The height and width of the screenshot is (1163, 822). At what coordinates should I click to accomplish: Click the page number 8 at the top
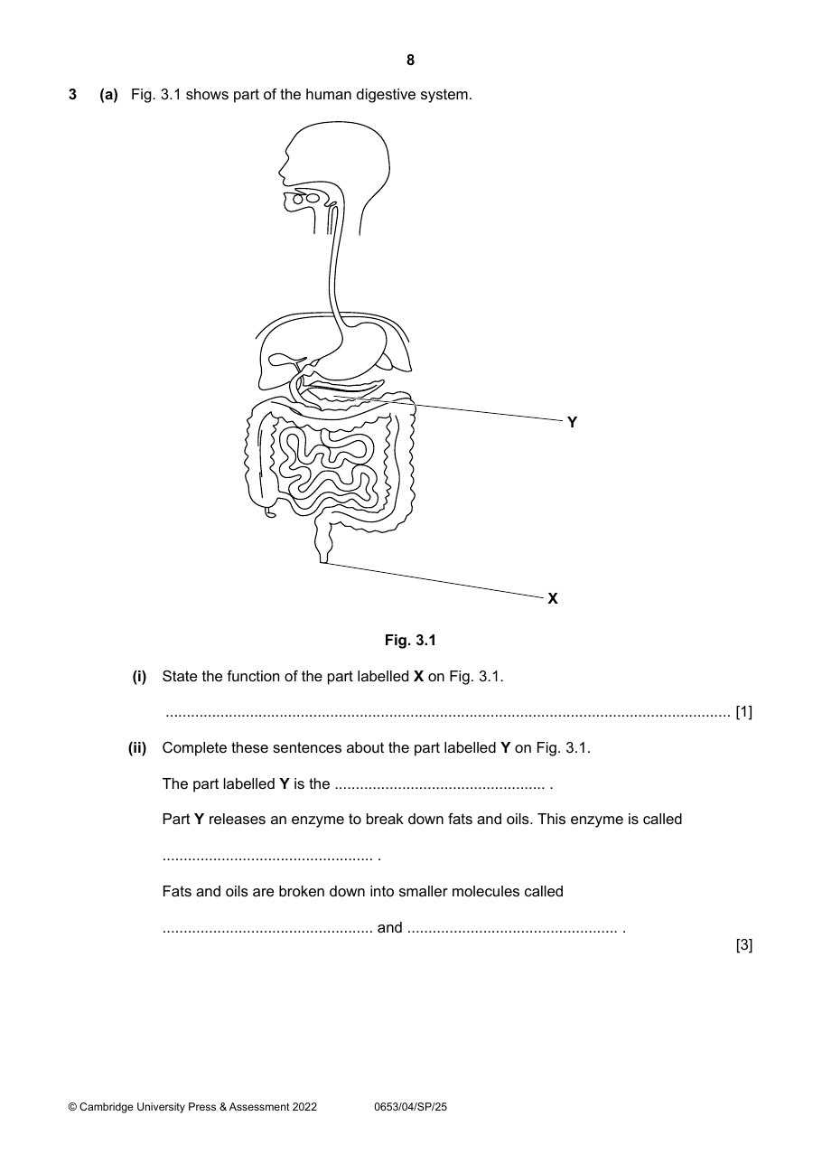click(x=410, y=61)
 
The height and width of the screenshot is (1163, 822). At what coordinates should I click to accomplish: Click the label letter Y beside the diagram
click(x=572, y=422)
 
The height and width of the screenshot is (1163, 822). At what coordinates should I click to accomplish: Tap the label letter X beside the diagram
click(x=553, y=598)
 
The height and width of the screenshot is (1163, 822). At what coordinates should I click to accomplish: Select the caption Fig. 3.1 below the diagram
click(x=410, y=640)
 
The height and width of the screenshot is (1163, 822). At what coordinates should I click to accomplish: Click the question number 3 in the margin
click(x=72, y=95)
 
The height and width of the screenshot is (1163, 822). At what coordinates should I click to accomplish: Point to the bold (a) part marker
click(x=109, y=95)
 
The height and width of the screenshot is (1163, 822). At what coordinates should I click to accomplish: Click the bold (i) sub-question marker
click(x=139, y=677)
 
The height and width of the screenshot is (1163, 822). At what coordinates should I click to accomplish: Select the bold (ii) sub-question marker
click(x=137, y=748)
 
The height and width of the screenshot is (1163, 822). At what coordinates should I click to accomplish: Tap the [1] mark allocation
click(x=743, y=712)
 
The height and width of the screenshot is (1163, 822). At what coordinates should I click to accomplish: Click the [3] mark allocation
click(x=743, y=945)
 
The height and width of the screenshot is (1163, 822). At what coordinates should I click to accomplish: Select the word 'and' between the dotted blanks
click(x=389, y=927)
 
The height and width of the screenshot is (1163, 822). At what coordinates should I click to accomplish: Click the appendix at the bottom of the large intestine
click(x=270, y=513)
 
